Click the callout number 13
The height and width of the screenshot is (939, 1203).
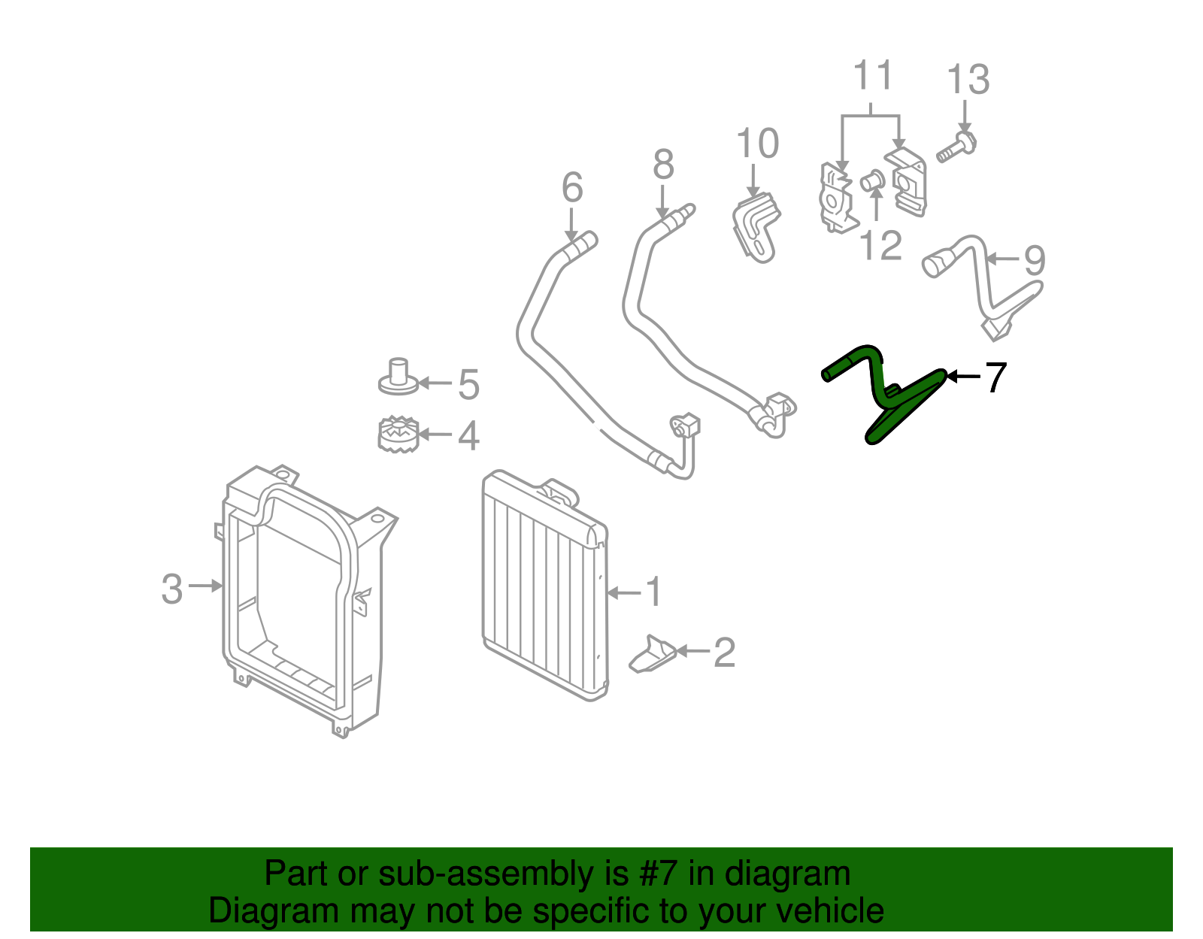click(968, 80)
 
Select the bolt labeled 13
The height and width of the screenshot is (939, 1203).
click(956, 146)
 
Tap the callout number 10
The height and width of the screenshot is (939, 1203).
click(757, 144)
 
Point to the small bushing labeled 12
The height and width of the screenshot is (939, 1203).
click(872, 180)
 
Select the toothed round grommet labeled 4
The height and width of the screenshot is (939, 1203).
click(398, 434)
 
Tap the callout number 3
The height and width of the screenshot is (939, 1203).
click(171, 589)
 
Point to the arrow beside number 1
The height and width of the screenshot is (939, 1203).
click(623, 593)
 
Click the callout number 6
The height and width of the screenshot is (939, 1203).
click(572, 187)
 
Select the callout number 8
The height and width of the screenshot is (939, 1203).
click(663, 164)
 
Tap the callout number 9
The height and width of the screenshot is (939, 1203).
click(1034, 260)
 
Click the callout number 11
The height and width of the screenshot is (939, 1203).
click(872, 74)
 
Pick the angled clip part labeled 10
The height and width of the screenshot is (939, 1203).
click(756, 227)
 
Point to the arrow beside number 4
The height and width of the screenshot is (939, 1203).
click(435, 435)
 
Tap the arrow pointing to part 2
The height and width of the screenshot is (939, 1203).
click(692, 651)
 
